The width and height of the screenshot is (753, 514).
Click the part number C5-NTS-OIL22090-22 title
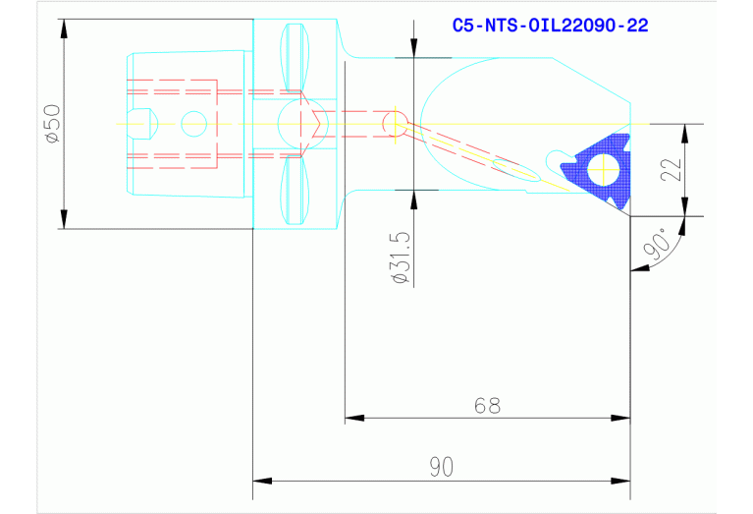point(551,25)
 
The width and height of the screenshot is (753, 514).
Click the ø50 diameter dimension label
point(52,124)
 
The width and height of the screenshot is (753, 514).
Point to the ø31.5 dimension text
point(402,257)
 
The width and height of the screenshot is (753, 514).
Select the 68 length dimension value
point(487,405)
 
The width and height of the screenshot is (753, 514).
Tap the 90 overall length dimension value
point(442,467)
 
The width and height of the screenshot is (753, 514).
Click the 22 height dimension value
point(672,169)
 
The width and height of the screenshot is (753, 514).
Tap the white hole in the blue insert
point(604,169)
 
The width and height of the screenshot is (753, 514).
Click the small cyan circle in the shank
point(194,124)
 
